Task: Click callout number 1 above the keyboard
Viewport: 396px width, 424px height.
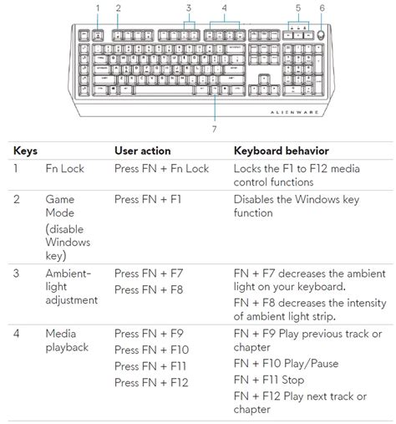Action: [x=98, y=8]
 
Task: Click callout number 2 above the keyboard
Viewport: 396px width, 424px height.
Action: [x=118, y=8]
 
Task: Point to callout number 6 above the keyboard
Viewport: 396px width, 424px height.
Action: [x=322, y=8]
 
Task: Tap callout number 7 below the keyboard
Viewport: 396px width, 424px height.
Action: [x=215, y=129]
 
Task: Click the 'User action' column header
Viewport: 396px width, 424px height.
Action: [x=142, y=151]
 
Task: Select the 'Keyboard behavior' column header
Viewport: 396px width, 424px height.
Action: [x=280, y=151]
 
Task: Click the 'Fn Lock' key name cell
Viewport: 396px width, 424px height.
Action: [x=64, y=169]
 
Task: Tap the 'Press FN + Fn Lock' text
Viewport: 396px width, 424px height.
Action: [x=161, y=169]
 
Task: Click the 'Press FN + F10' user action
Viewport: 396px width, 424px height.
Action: [x=151, y=350]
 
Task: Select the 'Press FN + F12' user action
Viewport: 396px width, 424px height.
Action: [x=151, y=382]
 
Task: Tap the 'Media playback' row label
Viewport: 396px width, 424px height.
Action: [x=66, y=340]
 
